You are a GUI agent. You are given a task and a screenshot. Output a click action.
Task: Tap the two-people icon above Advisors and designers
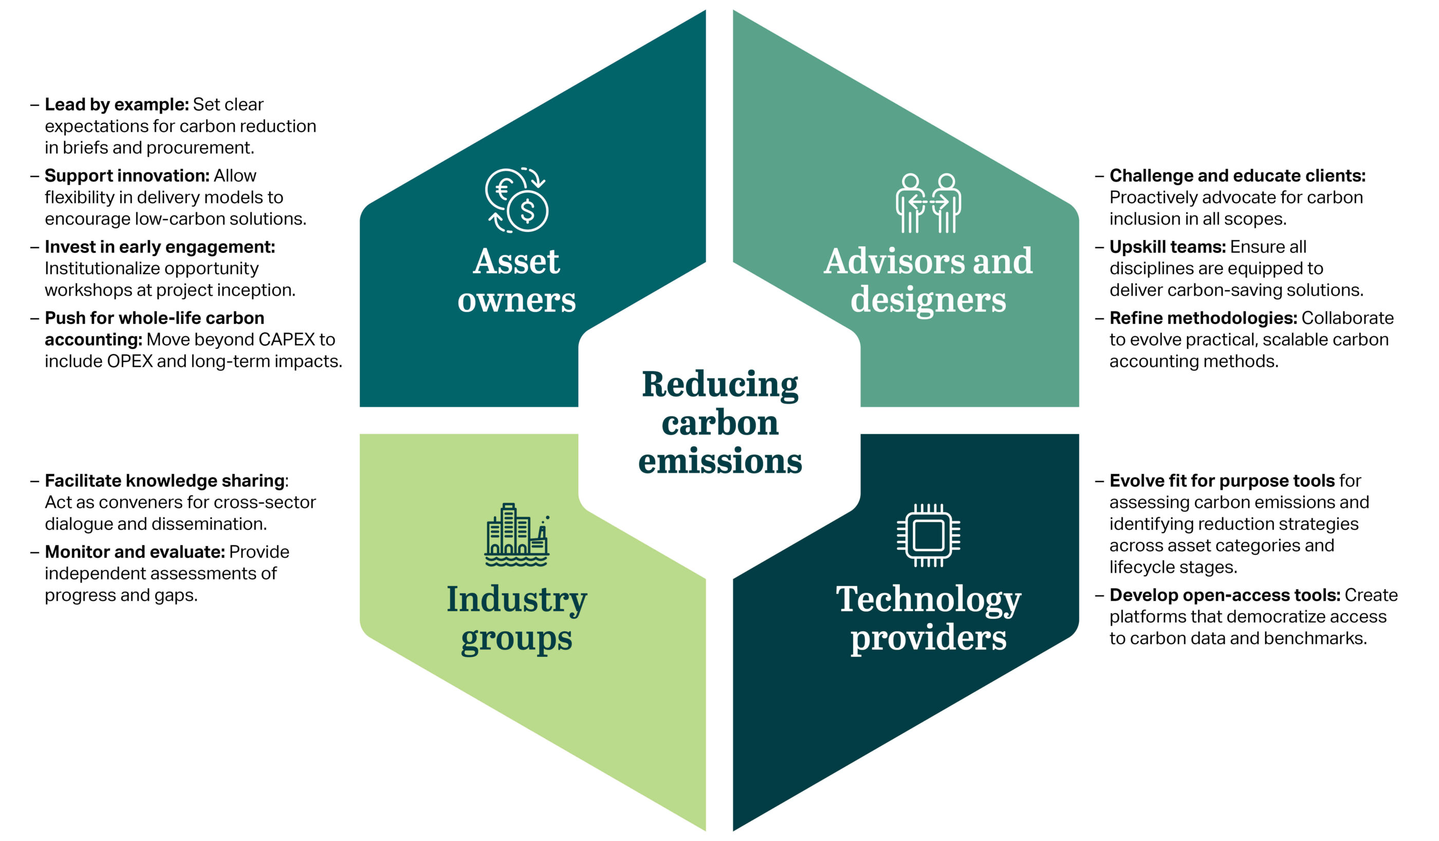point(928,203)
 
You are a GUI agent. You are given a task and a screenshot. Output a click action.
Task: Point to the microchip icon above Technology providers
point(928,535)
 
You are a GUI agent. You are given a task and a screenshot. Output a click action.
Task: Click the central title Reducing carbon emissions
point(719,422)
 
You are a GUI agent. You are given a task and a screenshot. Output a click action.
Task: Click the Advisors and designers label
point(928,280)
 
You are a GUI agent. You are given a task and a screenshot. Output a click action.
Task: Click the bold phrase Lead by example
point(117,104)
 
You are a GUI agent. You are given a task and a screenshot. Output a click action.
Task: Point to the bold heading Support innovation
point(127,175)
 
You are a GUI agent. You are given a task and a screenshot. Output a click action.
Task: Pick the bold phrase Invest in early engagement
point(160,247)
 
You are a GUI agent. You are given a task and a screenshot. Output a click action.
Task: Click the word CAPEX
point(287,339)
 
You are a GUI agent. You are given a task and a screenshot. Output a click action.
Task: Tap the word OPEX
point(129,361)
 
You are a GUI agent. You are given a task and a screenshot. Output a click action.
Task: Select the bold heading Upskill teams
point(1167,247)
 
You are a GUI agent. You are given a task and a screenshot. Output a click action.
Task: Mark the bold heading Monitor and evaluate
point(135,552)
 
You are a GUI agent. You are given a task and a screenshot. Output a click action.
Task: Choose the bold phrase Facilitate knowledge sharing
point(164,481)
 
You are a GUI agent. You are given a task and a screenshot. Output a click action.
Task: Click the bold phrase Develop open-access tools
point(1224,595)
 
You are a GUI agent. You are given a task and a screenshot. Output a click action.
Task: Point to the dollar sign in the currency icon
point(527,211)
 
